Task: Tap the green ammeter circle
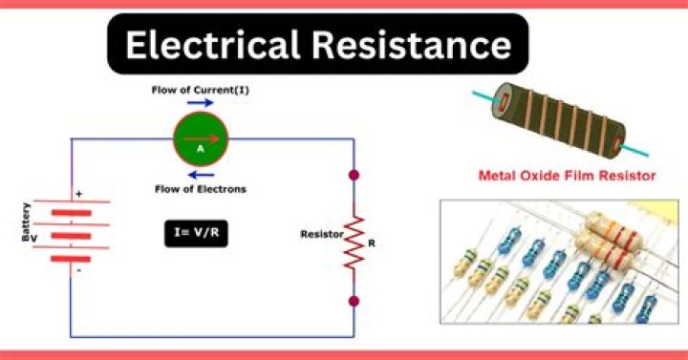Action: pyautogui.click(x=201, y=139)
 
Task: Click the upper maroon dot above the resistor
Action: pyautogui.click(x=355, y=176)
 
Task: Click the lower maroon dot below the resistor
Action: pyautogui.click(x=355, y=301)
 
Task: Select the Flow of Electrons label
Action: pyautogui.click(x=201, y=189)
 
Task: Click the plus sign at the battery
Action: pyautogui.click(x=78, y=194)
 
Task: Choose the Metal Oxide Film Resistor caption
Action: pyautogui.click(x=568, y=176)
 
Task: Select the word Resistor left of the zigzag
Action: pyautogui.click(x=319, y=233)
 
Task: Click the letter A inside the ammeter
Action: pyautogui.click(x=201, y=149)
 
